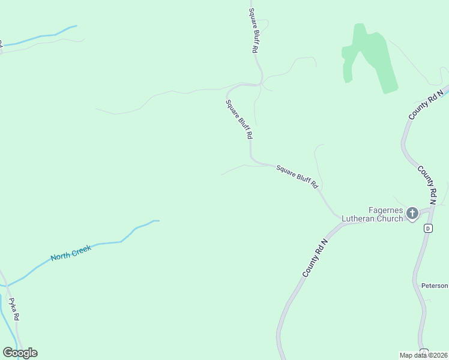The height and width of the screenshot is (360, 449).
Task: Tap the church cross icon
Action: click(412, 213)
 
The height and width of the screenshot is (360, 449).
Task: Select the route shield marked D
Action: click(428, 228)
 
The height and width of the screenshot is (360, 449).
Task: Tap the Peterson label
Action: click(435, 286)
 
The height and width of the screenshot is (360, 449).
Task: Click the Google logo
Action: click(20, 353)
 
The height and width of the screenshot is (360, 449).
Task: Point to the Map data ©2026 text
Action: click(424, 355)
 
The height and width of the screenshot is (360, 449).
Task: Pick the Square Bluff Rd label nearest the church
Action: click(297, 178)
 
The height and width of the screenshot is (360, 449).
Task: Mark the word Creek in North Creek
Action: click(81, 251)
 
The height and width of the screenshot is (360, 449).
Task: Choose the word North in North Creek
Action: click(61, 257)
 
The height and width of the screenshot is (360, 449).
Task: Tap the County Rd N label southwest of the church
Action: click(316, 258)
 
